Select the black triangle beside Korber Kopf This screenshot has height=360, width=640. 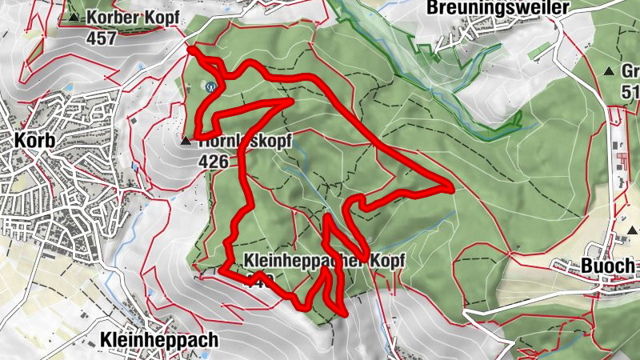[x=74, y=17]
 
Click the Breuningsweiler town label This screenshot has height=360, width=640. [x=498, y=8]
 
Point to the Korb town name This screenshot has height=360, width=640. [x=34, y=141]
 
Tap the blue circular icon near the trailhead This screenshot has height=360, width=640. [x=211, y=87]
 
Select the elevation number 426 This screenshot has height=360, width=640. [x=214, y=161]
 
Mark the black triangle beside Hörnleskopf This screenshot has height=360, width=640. [x=186, y=142]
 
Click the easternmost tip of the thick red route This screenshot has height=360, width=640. [x=452, y=189]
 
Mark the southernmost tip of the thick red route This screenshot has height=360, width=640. [x=344, y=314]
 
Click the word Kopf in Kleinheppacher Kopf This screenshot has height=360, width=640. [x=387, y=261]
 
